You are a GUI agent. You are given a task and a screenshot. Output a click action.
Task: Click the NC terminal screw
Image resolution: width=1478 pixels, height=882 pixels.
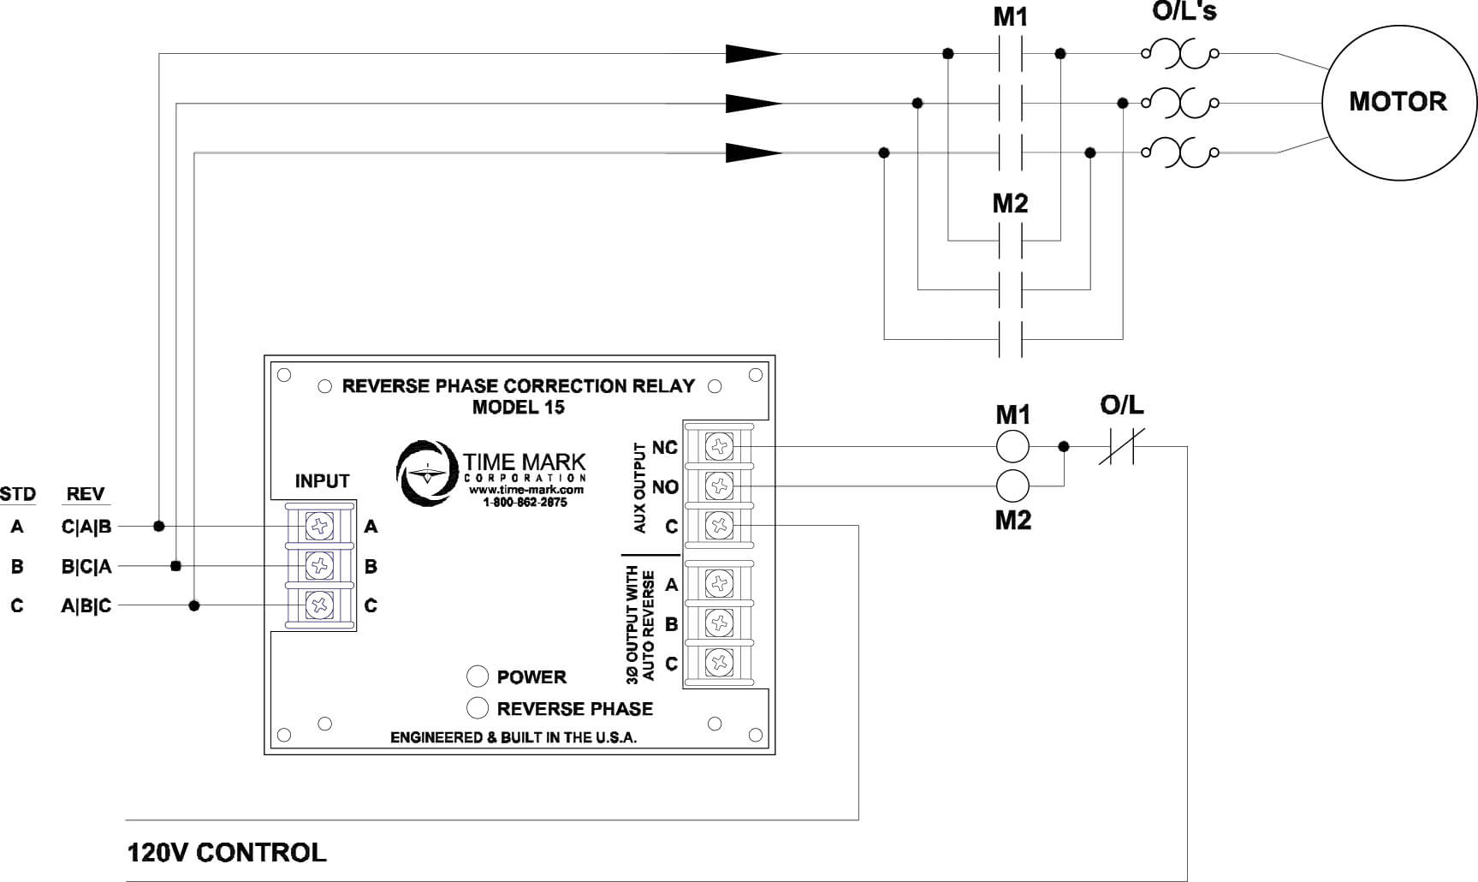[x=719, y=446]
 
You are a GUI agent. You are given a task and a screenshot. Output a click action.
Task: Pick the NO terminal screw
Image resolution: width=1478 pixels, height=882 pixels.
[x=719, y=486]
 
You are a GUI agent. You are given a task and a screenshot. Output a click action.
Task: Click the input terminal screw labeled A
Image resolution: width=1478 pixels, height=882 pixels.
[x=320, y=526]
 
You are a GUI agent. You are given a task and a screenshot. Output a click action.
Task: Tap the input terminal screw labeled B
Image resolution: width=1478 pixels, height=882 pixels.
[x=320, y=565]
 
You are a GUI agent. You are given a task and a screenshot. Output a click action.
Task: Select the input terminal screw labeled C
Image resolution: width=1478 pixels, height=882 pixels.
[x=320, y=605]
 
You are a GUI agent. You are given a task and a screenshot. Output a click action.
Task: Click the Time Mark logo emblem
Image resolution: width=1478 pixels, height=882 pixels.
[x=426, y=473]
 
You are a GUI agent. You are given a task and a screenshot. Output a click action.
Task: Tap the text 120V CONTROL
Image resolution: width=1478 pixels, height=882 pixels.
[x=227, y=853]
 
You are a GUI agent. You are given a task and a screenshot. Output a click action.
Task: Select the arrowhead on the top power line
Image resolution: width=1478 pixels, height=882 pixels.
[x=754, y=54]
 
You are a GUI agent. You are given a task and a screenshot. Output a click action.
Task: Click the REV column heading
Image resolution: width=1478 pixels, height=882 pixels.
[x=86, y=494]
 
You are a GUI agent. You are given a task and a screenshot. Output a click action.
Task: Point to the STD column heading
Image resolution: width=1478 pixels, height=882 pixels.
[x=18, y=494]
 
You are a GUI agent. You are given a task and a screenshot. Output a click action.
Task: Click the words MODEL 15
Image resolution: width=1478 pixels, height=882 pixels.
[x=519, y=407]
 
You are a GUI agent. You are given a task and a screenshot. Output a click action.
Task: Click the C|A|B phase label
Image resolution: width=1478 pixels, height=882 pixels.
[x=86, y=527]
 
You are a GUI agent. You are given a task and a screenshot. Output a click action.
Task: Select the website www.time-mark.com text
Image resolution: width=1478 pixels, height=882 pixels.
[x=525, y=490]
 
